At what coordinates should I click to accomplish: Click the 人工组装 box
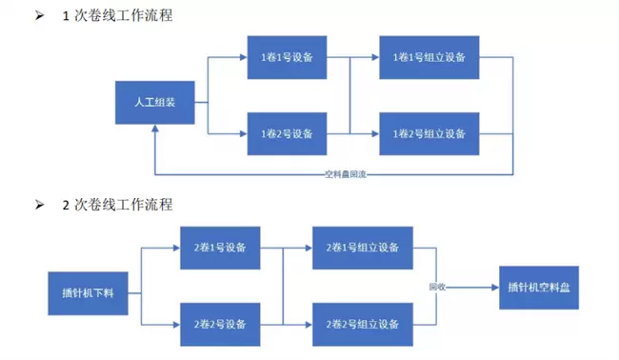click(x=154, y=103)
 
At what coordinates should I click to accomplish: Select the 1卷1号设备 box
click(x=287, y=58)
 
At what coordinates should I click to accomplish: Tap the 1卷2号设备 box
click(x=287, y=134)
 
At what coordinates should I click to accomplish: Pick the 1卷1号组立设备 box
click(x=429, y=58)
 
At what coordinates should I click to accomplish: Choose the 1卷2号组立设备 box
click(x=429, y=134)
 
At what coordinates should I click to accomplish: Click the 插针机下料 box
click(x=88, y=293)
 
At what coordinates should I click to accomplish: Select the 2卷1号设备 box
click(x=220, y=248)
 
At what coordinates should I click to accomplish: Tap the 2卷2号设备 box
click(x=220, y=325)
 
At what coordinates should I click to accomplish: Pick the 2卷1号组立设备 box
click(x=363, y=248)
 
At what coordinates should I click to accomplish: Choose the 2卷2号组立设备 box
click(x=363, y=325)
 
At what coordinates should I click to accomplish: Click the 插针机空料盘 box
click(x=539, y=288)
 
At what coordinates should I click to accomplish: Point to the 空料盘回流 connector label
click(x=346, y=174)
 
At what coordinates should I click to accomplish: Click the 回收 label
click(x=437, y=287)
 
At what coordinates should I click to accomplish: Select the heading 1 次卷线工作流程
click(x=118, y=16)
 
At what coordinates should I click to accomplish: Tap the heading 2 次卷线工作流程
click(x=118, y=205)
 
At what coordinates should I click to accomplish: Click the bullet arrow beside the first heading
click(x=39, y=15)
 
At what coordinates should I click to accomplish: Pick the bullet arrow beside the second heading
click(x=39, y=205)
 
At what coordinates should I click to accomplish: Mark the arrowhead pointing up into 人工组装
click(x=155, y=129)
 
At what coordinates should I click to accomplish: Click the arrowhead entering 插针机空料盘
click(x=495, y=288)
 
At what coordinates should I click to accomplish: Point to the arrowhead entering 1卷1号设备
click(x=244, y=58)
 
